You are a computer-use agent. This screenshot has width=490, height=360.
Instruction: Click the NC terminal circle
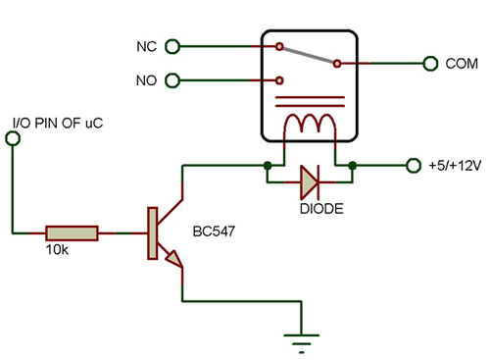(173, 45)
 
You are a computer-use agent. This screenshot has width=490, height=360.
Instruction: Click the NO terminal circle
(173, 80)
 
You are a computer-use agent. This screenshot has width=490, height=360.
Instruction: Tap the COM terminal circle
(429, 63)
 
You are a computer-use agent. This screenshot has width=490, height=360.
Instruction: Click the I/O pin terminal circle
(13, 139)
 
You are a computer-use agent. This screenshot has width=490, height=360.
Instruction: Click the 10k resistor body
(72, 232)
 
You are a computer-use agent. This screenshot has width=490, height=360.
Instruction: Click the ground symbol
(300, 342)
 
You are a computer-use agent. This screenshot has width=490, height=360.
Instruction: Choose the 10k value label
(57, 252)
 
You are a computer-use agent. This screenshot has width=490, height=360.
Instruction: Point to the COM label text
(462, 63)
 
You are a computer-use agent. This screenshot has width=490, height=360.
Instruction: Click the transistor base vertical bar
(151, 233)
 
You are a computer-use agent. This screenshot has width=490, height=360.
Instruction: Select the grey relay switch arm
(308, 54)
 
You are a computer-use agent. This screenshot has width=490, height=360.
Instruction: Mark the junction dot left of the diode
(266, 166)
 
